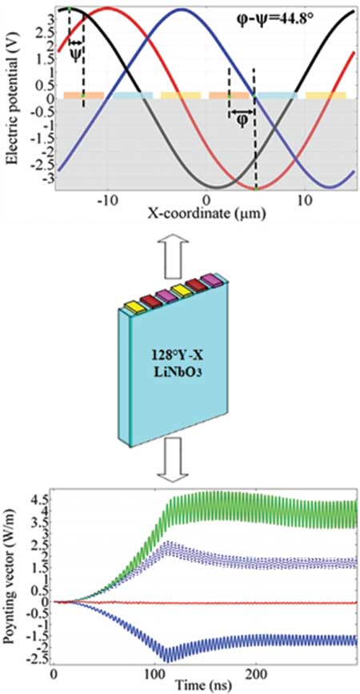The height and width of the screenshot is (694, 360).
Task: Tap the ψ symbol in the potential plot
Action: click(76, 54)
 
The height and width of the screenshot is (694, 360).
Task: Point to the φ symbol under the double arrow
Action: click(242, 120)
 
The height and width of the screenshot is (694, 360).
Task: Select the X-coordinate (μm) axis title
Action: click(206, 215)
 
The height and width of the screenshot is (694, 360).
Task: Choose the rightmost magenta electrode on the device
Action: click(210, 279)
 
